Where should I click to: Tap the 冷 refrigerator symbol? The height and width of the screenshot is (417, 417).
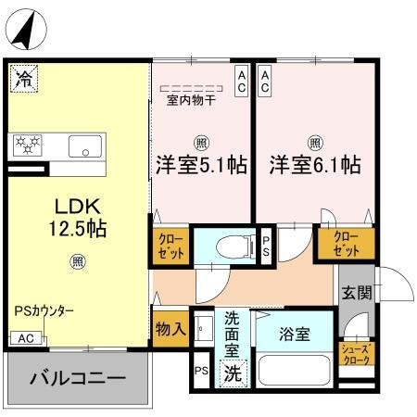22,78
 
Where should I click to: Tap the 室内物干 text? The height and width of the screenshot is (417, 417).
191,100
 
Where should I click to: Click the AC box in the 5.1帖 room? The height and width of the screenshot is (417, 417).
241,80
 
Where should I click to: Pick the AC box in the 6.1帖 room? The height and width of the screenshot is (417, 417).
266,80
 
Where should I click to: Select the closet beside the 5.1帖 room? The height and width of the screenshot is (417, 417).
169,244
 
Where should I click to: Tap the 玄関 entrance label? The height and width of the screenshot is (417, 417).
357,293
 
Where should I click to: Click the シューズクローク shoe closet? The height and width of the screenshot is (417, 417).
357,353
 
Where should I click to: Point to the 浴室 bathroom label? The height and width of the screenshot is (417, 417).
294,333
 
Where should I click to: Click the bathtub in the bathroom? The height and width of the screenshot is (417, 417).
294,369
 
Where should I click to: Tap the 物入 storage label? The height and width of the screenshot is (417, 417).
171,328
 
